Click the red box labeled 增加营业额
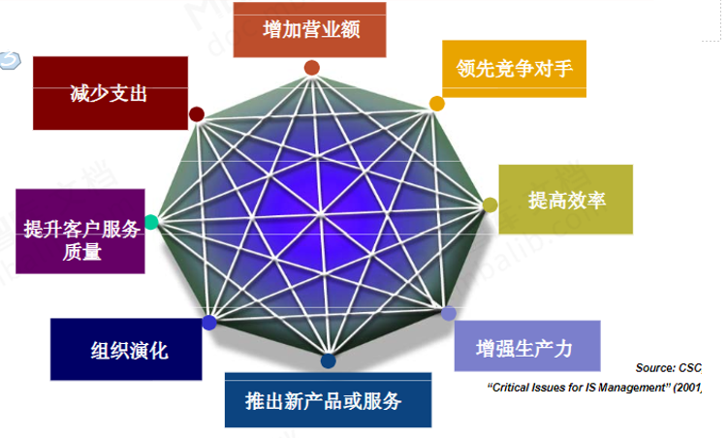(311, 29)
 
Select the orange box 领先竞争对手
(514, 68)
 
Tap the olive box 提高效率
(566, 200)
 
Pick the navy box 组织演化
(126, 350)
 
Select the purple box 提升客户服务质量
(81, 232)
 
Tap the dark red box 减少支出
(108, 94)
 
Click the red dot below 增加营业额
(312, 68)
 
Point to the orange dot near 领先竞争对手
(436, 103)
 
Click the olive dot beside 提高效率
(491, 204)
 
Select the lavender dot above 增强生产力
(448, 313)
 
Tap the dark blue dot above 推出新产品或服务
(328, 361)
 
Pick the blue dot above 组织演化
(208, 321)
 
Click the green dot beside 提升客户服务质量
(151, 222)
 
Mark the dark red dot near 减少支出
(197, 114)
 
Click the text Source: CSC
(668, 368)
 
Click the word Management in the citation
(629, 389)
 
